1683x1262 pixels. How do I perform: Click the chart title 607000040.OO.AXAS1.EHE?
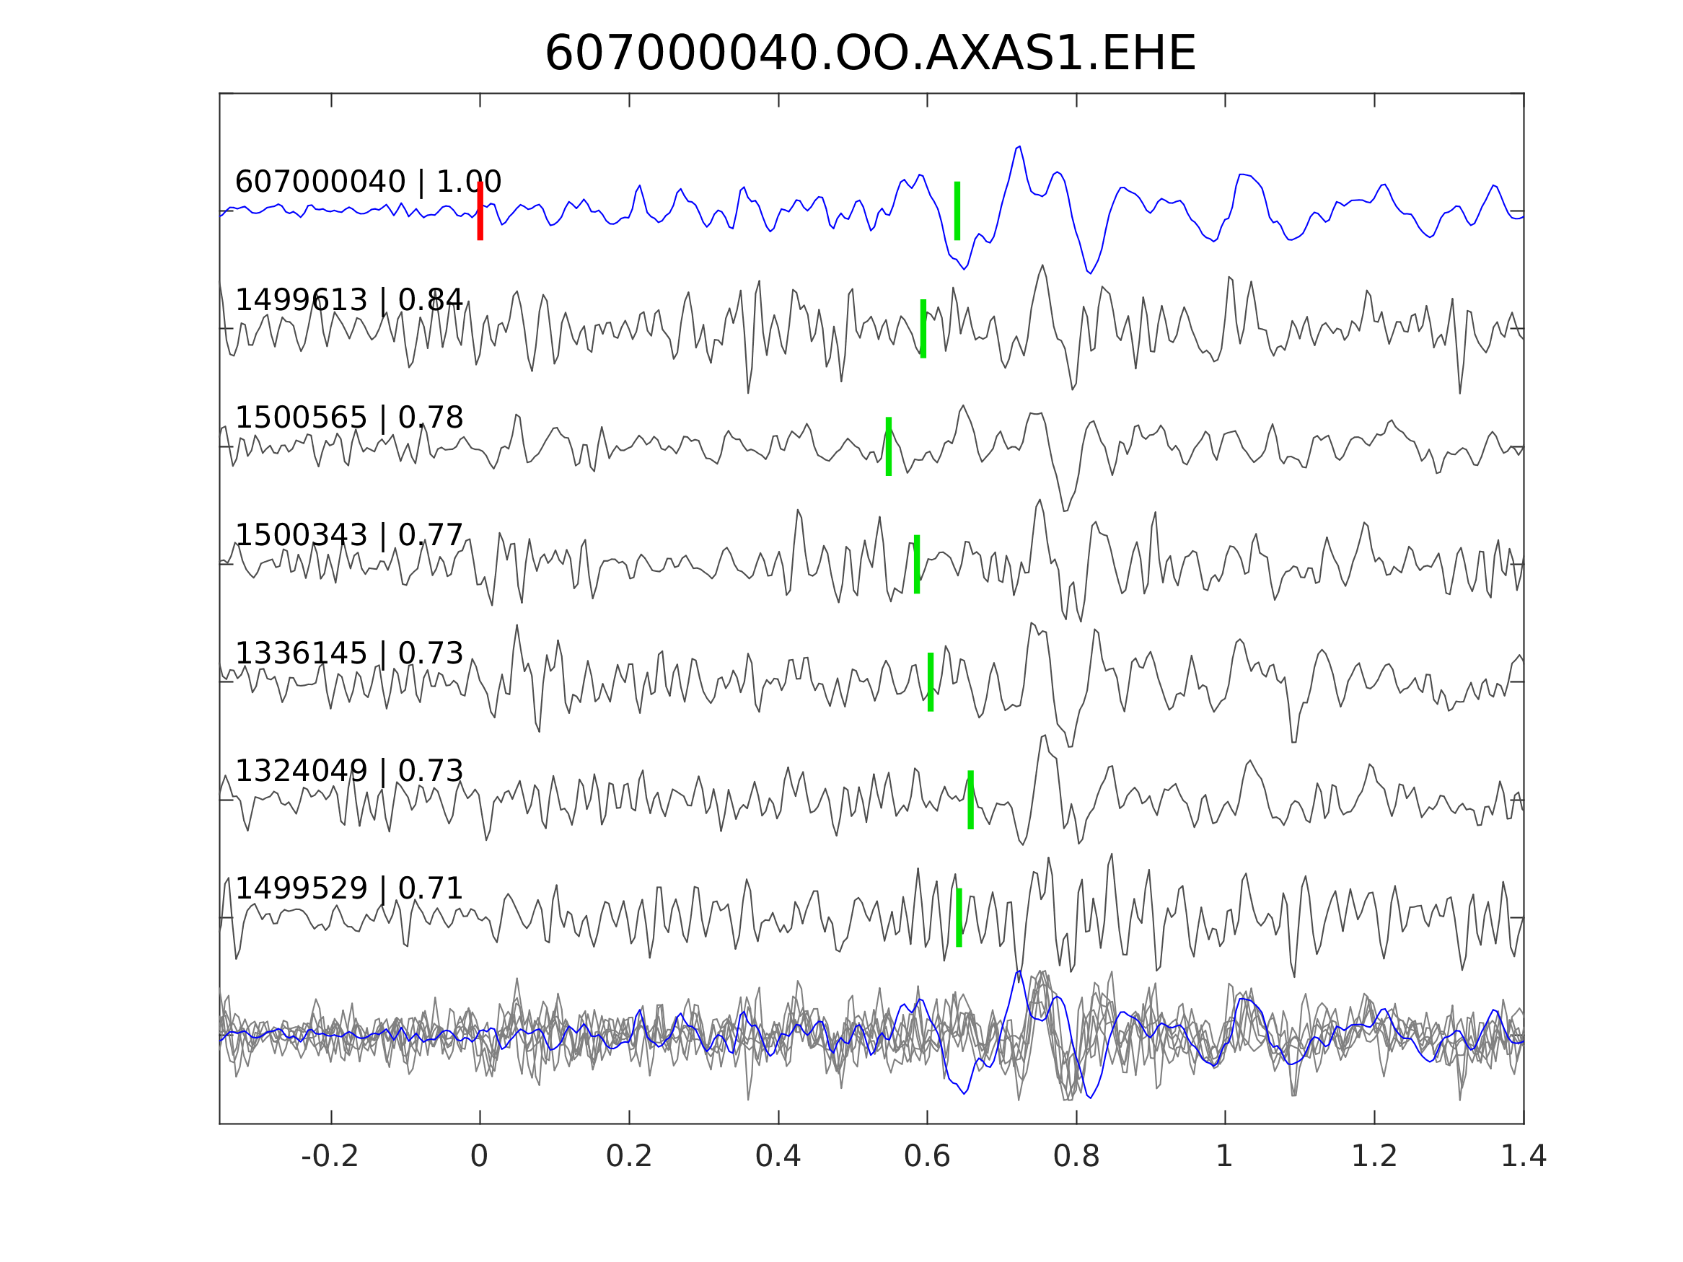point(870,54)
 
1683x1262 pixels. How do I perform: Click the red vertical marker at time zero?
point(480,211)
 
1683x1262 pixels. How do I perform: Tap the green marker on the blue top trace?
point(957,211)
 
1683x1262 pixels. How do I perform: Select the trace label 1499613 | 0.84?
point(348,301)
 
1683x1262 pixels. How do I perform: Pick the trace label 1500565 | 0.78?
point(348,418)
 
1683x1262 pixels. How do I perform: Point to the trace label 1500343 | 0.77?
point(348,536)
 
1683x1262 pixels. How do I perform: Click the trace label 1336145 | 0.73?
point(348,653)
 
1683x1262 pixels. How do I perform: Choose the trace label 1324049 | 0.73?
point(348,771)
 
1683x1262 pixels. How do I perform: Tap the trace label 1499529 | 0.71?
point(348,888)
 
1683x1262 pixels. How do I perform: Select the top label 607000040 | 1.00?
point(367,182)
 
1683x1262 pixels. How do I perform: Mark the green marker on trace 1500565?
point(888,446)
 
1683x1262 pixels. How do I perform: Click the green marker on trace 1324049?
point(970,800)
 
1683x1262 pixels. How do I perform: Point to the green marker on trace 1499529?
point(959,917)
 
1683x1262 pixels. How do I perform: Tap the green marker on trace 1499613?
point(923,329)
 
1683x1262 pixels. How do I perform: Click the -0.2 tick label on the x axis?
point(330,1157)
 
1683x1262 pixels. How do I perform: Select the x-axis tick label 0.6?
point(927,1157)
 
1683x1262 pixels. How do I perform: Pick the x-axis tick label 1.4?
point(1522,1157)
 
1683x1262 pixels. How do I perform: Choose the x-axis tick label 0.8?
point(1076,1157)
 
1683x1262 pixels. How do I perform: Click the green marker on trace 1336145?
point(930,681)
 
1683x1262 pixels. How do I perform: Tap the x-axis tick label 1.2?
point(1374,1157)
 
